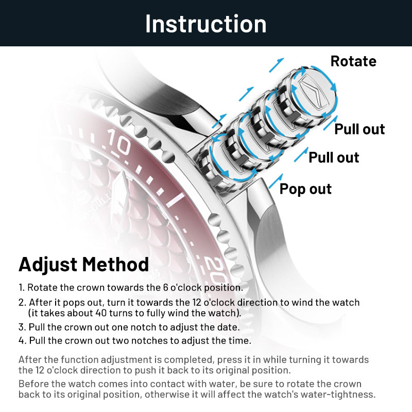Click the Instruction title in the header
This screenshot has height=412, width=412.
[206, 24]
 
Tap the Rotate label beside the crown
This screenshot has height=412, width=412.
[353, 61]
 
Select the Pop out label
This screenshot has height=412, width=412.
[305, 189]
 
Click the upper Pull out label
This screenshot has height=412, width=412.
[359, 129]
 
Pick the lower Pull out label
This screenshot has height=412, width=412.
[334, 158]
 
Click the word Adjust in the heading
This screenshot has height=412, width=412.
[48, 264]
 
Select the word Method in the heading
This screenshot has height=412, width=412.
[116, 264]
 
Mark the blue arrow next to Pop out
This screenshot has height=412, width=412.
[276, 181]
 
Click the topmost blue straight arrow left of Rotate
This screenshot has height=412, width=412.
[277, 65]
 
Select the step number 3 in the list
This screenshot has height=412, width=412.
[21, 327]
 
